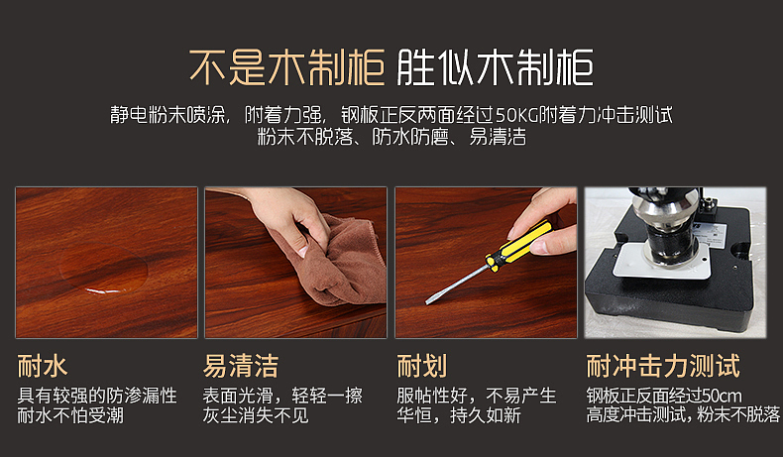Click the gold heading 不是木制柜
pyautogui.click(x=286, y=67)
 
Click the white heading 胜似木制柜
pyautogui.click(x=495, y=67)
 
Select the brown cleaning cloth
pyautogui.click(x=340, y=265)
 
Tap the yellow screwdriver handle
pyautogui.click(x=519, y=247)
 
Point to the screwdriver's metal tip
pyautogui.click(x=428, y=301)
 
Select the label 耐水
pyautogui.click(x=43, y=366)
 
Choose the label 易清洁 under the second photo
pyautogui.click(x=240, y=366)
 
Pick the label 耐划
pyautogui.click(x=422, y=366)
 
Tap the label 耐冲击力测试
pyautogui.click(x=663, y=366)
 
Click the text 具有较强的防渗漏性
pyautogui.click(x=97, y=396)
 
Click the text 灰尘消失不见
pyautogui.click(x=256, y=415)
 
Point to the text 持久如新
pyautogui.click(x=486, y=415)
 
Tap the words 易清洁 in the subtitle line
pyautogui.click(x=498, y=137)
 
